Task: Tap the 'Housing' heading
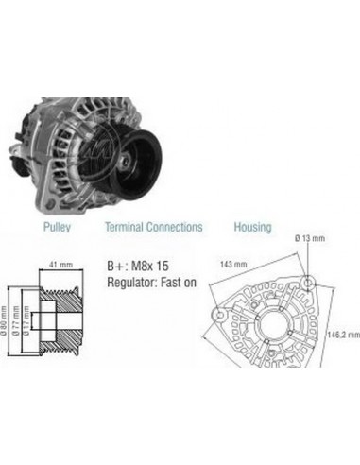[x=251, y=228]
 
